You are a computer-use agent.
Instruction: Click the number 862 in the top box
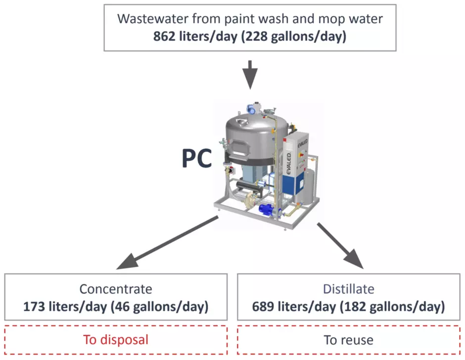tap(164, 37)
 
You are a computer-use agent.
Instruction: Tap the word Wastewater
tap(152, 19)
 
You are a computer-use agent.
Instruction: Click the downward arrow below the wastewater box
tap(250, 75)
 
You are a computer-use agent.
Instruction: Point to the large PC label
tap(197, 158)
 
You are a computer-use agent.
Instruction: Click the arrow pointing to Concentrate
tap(167, 243)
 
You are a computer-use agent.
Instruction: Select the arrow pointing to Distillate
tap(340, 246)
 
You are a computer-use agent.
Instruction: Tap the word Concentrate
tap(116, 289)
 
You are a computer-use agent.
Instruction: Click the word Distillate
tap(348, 289)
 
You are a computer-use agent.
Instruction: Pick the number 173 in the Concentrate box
tap(34, 307)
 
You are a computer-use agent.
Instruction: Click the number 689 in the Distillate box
tap(263, 307)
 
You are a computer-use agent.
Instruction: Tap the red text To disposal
tap(116, 340)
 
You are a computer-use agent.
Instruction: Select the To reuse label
tap(348, 340)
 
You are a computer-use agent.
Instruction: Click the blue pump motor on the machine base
tap(268, 209)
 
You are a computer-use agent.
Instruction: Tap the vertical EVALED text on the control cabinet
tap(288, 163)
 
